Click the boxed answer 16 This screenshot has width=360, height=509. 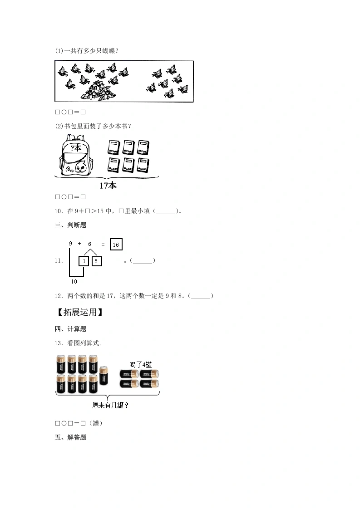[116, 245]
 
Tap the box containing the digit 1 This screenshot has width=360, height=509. [84, 261]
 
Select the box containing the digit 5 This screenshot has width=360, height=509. [97, 261]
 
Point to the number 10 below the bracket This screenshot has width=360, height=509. [74, 281]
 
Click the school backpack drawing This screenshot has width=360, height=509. [76, 155]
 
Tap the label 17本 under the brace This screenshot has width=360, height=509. [108, 186]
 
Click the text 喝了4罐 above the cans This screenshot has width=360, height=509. [140, 365]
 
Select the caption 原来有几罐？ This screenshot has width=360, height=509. [110, 405]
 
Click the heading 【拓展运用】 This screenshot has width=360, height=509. [80, 312]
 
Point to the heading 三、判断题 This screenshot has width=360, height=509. [70, 225]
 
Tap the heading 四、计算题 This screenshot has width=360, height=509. [70, 329]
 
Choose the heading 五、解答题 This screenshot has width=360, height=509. [70, 437]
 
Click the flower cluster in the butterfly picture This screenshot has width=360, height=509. [98, 91]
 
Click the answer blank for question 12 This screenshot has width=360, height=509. [201, 296]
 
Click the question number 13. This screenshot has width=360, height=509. [59, 343]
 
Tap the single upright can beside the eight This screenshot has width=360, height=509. [104, 376]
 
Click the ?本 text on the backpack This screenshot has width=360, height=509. [76, 148]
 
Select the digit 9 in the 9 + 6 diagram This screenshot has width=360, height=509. [70, 244]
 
